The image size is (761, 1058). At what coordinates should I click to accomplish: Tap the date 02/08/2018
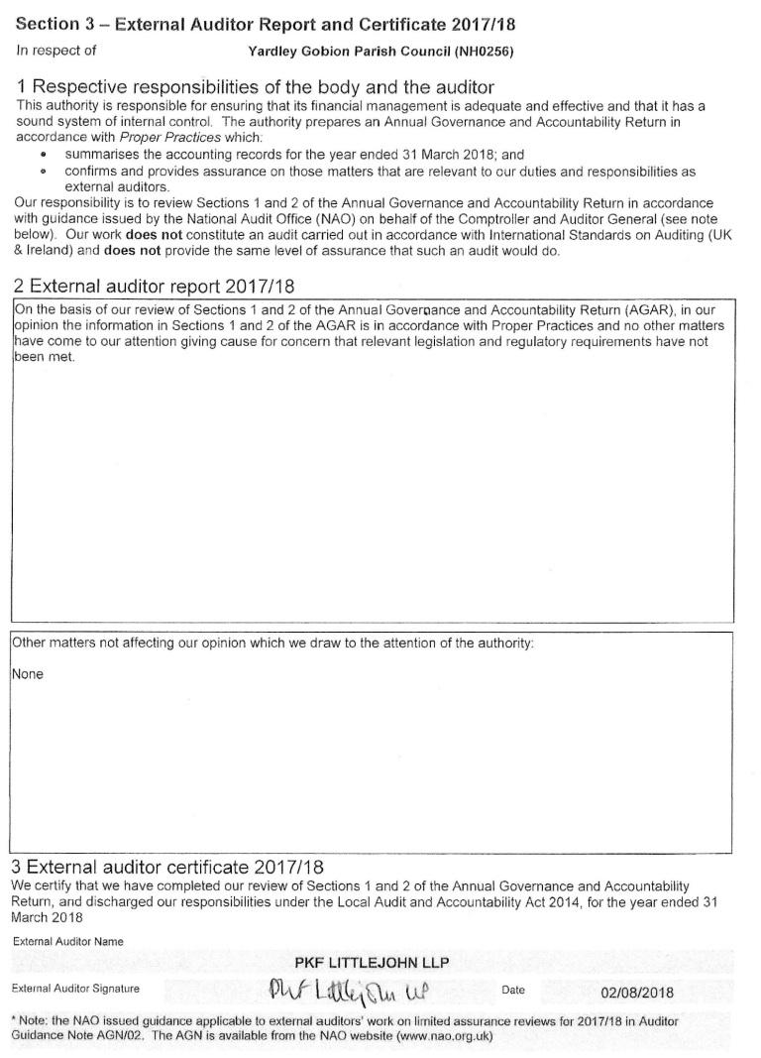click(636, 992)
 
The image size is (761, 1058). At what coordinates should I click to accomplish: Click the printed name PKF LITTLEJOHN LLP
click(372, 962)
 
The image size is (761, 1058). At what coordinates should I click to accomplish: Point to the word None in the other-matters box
click(28, 674)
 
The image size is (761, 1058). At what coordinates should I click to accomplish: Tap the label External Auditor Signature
click(75, 989)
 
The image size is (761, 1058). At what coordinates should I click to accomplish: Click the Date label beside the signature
click(513, 990)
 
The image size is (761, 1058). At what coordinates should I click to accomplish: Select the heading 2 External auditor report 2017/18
click(154, 287)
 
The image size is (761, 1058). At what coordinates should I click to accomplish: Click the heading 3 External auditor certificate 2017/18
click(168, 867)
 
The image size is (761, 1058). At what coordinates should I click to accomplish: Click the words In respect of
click(56, 50)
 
